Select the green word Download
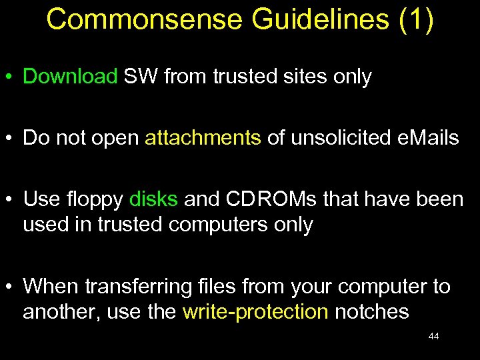pyautogui.click(x=70, y=77)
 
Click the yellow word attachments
pyautogui.click(x=203, y=138)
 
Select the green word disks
pyautogui.click(x=153, y=199)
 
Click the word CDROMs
pyautogui.click(x=265, y=199)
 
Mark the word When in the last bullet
pyautogui.click(x=51, y=287)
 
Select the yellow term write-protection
pyautogui.click(x=255, y=312)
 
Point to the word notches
pyautogui.click(x=371, y=312)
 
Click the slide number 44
pyautogui.click(x=433, y=337)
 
